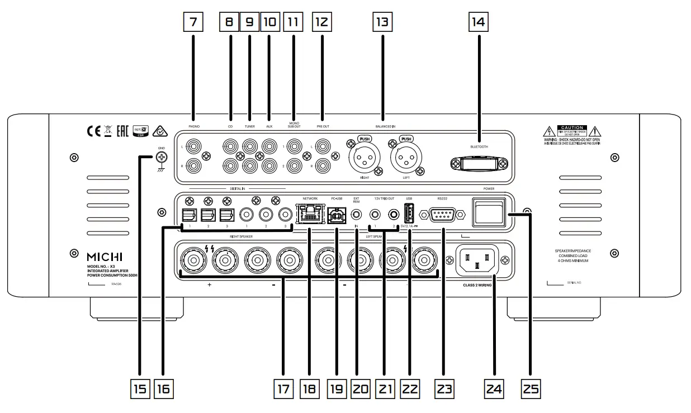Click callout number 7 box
[193, 22]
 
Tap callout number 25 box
[531, 388]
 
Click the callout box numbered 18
[308, 388]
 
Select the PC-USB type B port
[335, 213]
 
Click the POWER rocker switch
[488, 213]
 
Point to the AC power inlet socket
[477, 260]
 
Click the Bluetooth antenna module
[479, 163]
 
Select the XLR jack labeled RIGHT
[363, 158]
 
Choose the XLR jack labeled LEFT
[406, 158]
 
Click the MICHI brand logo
[104, 257]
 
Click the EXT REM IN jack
[356, 213]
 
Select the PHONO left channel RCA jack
[193, 147]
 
